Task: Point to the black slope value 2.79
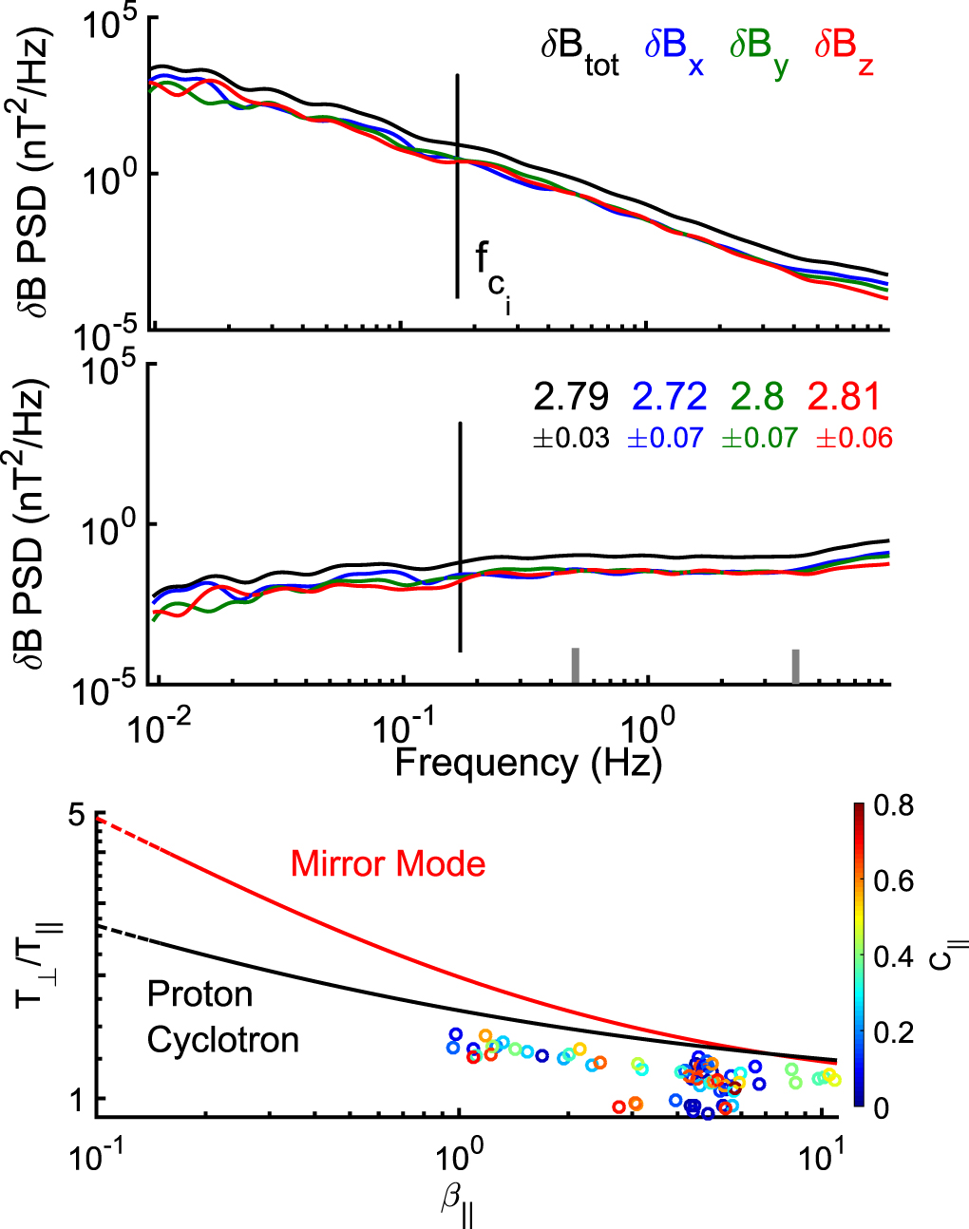[571, 397]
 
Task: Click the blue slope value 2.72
[670, 397]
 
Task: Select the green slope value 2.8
[757, 397]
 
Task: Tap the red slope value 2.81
[845, 397]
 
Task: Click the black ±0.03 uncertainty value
[571, 438]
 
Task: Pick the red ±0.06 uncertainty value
[854, 438]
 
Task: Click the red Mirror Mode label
[388, 864]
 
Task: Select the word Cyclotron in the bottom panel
[222, 1040]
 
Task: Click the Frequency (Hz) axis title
[527, 763]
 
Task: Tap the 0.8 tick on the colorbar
[893, 805]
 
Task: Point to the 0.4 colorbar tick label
[893, 956]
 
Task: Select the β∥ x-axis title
[458, 1203]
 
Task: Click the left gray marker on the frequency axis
[575, 665]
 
